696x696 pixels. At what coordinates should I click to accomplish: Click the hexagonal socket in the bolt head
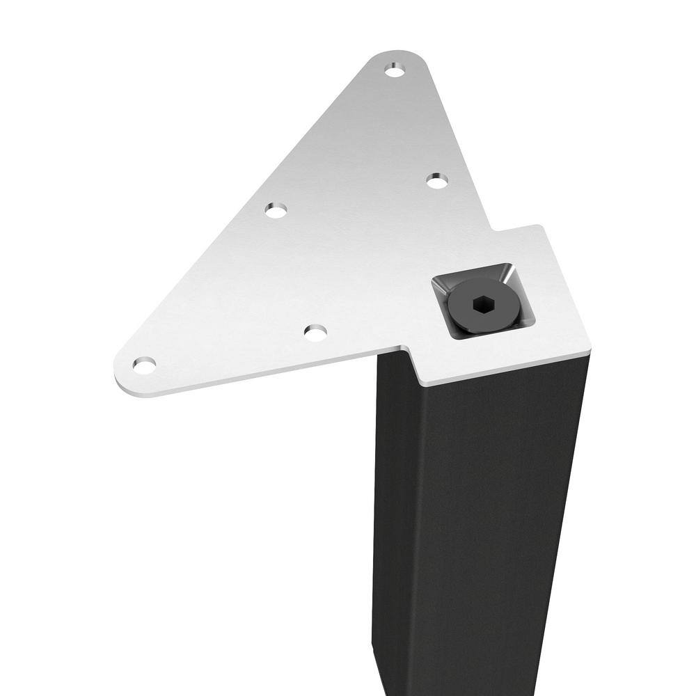480,305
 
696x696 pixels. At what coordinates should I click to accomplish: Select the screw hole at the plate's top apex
395,71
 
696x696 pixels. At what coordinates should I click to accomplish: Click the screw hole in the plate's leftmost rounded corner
144,364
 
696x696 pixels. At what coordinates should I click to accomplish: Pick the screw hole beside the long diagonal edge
276,209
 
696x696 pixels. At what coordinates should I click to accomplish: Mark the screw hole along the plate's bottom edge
315,333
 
